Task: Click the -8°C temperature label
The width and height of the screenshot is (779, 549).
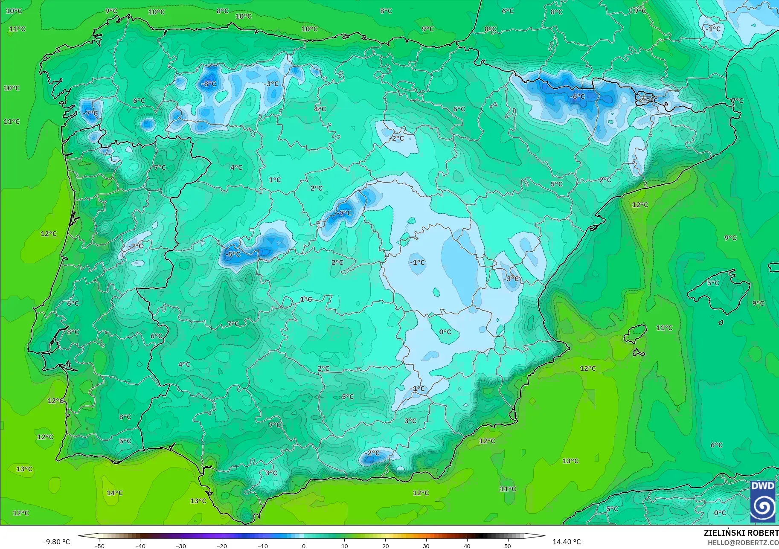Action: pos(209,84)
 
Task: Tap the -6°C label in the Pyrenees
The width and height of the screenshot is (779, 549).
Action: pos(577,97)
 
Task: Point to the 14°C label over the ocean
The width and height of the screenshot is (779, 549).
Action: pos(115,493)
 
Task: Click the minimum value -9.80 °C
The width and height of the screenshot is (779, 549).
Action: pos(57,542)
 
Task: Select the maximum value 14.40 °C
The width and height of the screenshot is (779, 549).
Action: pos(567,542)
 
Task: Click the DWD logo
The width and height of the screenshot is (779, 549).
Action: pos(763,501)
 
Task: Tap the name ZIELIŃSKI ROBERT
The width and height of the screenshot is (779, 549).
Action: pos(741,533)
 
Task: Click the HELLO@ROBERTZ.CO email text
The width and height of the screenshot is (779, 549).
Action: pos(743,543)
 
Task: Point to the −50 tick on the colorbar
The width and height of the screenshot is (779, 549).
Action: pos(99,546)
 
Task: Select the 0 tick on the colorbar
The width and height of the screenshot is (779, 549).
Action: pos(304,546)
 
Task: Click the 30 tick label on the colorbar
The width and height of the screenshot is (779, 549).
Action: pos(426,546)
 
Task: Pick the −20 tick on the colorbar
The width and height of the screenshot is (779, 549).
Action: pos(222,546)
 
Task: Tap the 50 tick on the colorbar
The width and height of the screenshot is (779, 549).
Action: pos(508,546)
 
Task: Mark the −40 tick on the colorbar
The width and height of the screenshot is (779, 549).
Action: pos(140,546)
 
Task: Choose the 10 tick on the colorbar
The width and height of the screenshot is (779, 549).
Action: pos(345,546)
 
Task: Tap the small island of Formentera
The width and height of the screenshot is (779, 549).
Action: pos(639,353)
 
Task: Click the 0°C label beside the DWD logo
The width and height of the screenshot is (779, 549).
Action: pos(720,513)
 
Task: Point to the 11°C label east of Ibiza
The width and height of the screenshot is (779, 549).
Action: pos(664,328)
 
